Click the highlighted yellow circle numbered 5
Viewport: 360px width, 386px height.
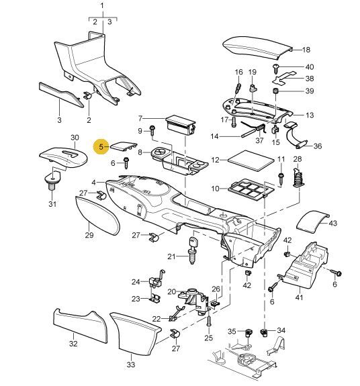click(x=101, y=147)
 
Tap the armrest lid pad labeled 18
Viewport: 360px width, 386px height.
click(x=257, y=48)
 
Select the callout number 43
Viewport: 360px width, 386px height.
click(x=332, y=224)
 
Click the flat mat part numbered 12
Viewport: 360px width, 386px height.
click(x=251, y=160)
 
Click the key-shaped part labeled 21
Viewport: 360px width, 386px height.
click(x=192, y=250)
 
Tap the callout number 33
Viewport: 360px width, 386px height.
click(x=131, y=364)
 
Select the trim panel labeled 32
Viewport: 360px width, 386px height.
click(x=81, y=326)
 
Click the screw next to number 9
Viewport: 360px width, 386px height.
click(x=152, y=130)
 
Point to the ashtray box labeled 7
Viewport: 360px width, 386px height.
click(x=181, y=125)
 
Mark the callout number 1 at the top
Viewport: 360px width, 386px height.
click(x=103, y=5)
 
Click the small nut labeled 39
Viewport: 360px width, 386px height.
click(x=275, y=91)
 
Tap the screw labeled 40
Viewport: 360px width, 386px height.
click(x=276, y=68)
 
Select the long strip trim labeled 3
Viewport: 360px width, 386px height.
click(x=62, y=95)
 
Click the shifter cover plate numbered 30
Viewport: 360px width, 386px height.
click(x=64, y=158)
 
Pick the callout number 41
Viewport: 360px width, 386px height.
click(x=299, y=297)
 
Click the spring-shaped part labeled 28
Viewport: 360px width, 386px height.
click(x=298, y=178)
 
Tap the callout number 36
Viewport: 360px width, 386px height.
click(x=318, y=146)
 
